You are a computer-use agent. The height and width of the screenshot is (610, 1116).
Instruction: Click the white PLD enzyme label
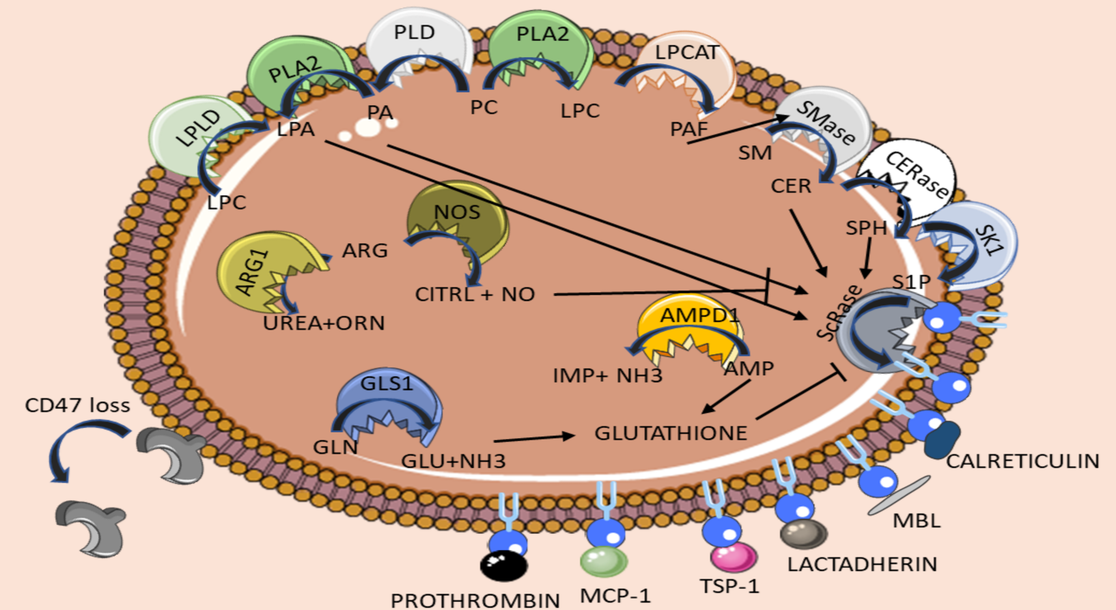coord(414,32)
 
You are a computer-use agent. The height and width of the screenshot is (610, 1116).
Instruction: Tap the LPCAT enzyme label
coord(686,53)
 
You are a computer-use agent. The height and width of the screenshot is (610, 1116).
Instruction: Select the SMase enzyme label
coord(826,122)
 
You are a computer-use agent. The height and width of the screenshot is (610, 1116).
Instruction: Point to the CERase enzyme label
coord(917,175)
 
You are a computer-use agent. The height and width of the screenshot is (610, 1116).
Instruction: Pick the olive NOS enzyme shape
coord(457,218)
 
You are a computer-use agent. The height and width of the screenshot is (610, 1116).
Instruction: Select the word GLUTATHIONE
coord(671,433)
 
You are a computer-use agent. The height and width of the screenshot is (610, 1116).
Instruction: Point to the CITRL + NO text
coord(475,294)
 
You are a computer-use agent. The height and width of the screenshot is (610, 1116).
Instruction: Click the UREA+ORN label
coord(324,323)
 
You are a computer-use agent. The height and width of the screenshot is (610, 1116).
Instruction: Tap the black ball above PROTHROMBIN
coord(503,566)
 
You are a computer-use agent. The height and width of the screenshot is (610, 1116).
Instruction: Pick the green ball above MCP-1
coord(604,561)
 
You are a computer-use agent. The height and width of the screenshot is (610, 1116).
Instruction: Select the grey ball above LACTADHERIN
coord(804,534)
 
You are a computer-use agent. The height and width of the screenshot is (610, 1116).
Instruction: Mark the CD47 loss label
coord(77,405)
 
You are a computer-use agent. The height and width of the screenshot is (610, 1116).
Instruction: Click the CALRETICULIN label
coord(1022,461)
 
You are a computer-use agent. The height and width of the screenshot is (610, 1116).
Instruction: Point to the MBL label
coord(917,521)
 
